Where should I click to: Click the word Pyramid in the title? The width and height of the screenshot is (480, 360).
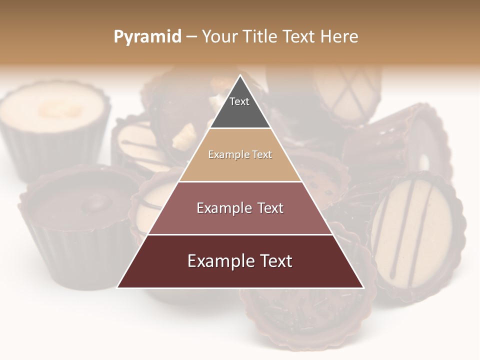pyautogui.click(x=147, y=37)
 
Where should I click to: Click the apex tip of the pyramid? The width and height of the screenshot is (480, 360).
pyautogui.click(x=240, y=76)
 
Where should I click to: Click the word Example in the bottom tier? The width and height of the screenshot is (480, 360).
pyautogui.click(x=220, y=261)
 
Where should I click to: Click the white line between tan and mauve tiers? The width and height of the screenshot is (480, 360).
pyautogui.click(x=240, y=181)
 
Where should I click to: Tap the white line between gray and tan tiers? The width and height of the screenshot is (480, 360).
pyautogui.click(x=240, y=128)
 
